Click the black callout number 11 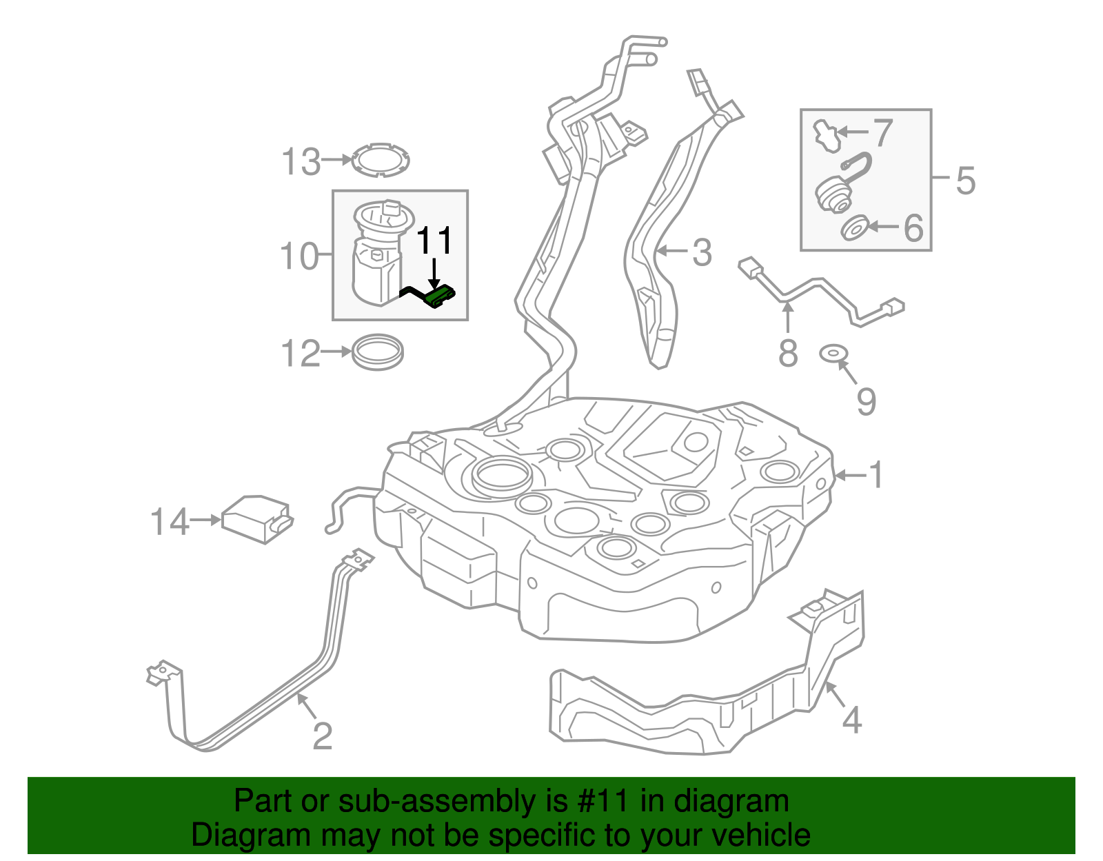(435, 241)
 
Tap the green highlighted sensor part (439, 297)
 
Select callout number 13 (301, 162)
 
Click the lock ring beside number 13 (380, 160)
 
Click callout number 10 (300, 256)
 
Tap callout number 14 (170, 522)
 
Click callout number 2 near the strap (323, 736)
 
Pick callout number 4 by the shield (852, 720)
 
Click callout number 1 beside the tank (876, 475)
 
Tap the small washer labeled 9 (833, 354)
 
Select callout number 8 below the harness (788, 354)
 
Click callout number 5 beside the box (965, 181)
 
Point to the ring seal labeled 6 (856, 227)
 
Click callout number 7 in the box (883, 132)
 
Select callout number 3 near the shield (701, 252)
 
